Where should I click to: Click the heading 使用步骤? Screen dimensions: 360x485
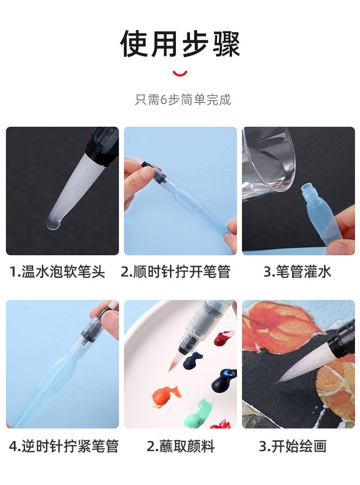[x=180, y=44]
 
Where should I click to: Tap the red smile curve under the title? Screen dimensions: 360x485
[x=180, y=74]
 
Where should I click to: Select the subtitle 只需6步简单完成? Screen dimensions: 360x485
[x=183, y=99]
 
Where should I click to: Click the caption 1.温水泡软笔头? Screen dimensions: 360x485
[x=57, y=272]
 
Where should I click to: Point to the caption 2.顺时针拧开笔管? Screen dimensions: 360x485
[x=175, y=272]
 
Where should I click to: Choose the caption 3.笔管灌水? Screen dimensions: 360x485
[x=297, y=272]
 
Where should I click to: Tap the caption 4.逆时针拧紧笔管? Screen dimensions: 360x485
[x=63, y=446]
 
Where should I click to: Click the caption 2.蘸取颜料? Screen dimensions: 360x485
[x=180, y=446]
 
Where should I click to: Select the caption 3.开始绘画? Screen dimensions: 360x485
[x=293, y=446]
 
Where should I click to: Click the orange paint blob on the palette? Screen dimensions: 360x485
[x=165, y=397]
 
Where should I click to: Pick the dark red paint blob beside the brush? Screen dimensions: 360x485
[x=223, y=338]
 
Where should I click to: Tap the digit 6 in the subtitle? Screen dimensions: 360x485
[x=164, y=100]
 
